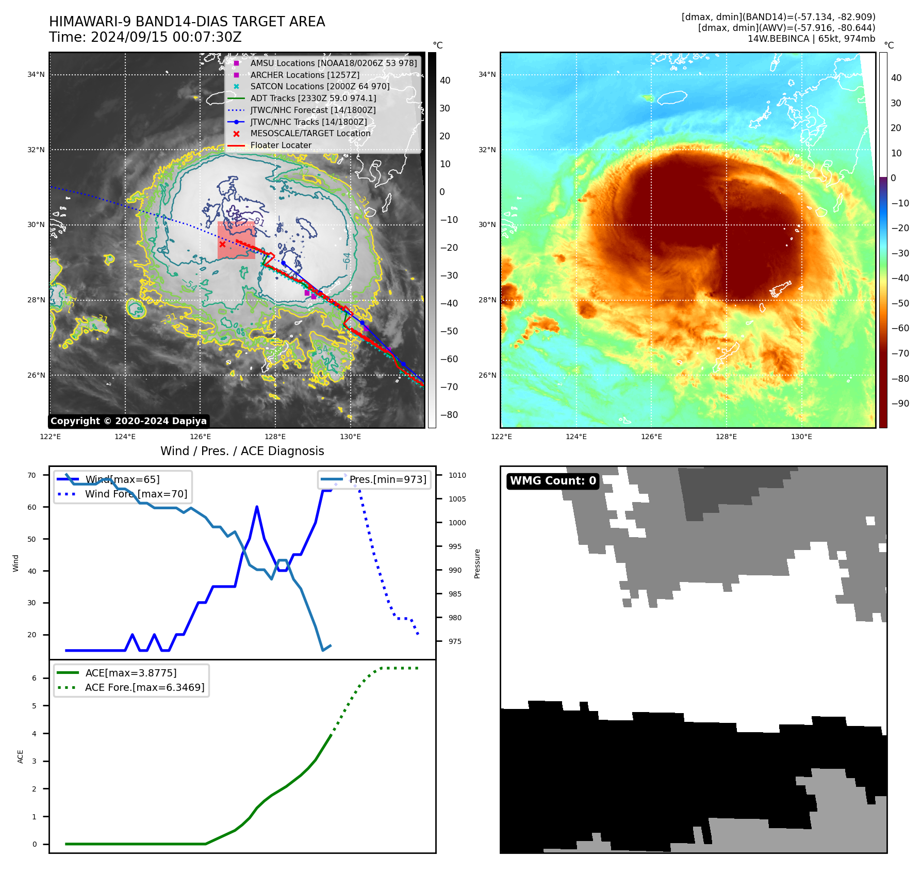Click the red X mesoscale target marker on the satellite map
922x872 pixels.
point(222,244)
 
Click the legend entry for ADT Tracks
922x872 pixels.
point(313,98)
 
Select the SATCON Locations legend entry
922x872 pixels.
point(320,86)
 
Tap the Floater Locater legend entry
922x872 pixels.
point(281,145)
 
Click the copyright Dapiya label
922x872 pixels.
point(128,421)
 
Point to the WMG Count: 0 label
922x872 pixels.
point(553,481)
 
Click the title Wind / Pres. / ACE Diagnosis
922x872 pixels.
point(242,451)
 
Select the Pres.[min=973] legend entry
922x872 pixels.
point(388,479)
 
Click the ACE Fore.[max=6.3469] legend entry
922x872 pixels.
point(144,687)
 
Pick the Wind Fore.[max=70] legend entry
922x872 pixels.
point(136,494)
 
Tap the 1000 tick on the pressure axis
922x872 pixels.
point(457,523)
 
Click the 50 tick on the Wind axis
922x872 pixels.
point(32,539)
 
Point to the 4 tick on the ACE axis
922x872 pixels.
point(35,733)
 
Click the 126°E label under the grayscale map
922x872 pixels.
point(200,437)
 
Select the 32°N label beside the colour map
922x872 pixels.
point(487,150)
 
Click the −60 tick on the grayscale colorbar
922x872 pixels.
point(449,359)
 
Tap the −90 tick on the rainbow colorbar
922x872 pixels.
point(900,403)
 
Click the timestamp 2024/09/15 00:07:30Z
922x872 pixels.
point(166,37)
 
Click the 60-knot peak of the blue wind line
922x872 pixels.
point(257,507)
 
